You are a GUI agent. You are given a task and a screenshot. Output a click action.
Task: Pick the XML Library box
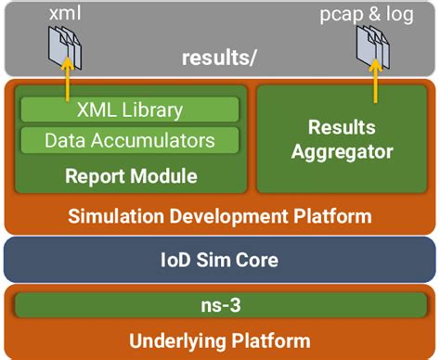129,109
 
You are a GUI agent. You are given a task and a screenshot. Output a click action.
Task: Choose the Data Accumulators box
129,140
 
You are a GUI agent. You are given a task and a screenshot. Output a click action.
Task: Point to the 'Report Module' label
129,174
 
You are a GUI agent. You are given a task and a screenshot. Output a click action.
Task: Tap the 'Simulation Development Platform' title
220,216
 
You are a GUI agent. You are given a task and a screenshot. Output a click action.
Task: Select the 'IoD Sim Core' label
220,259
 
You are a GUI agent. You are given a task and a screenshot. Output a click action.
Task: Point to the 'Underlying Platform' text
220,340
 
